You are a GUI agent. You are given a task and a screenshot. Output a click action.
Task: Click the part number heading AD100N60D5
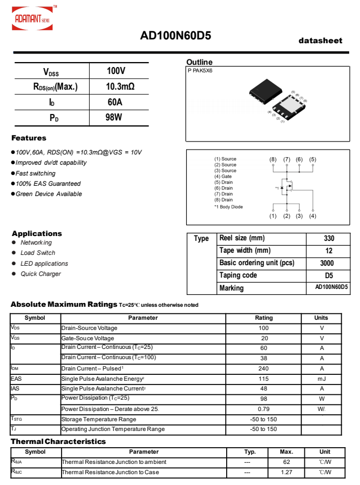click(175, 36)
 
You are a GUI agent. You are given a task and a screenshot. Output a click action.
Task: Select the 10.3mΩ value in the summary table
click(120, 86)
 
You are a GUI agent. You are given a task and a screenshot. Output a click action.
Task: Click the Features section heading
click(29, 138)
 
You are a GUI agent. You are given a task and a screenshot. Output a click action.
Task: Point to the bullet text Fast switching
click(36, 173)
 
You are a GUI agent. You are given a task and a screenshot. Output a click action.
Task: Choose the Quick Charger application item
click(40, 274)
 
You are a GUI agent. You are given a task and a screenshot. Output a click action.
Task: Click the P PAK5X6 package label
click(200, 71)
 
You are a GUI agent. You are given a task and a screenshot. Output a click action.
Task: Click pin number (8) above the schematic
click(273, 159)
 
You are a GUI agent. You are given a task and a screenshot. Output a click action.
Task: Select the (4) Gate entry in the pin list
click(223, 177)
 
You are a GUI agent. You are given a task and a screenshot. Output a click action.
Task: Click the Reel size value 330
click(329, 238)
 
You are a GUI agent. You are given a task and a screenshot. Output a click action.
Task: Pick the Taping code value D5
click(329, 275)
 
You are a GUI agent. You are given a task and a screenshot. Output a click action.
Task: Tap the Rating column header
click(263, 318)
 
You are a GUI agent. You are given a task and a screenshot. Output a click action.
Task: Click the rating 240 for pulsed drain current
click(263, 368)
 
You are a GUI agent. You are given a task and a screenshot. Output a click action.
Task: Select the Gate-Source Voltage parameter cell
click(87, 338)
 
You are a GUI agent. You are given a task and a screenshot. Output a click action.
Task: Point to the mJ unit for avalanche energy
click(322, 379)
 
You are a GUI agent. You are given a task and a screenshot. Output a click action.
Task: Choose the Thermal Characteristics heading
click(58, 442)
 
